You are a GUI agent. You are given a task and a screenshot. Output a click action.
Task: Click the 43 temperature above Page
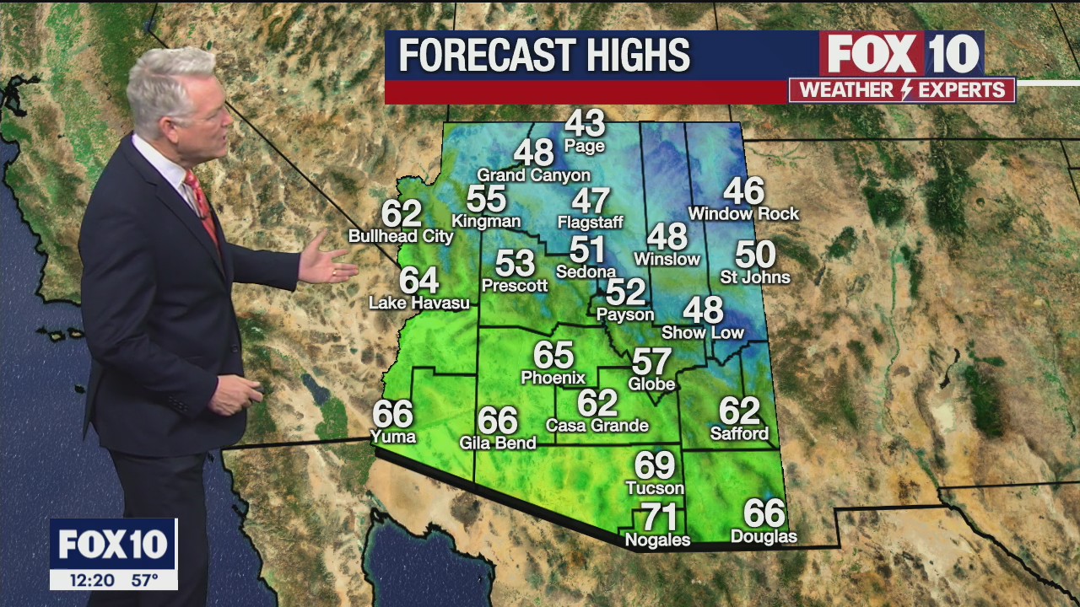pos(585,123)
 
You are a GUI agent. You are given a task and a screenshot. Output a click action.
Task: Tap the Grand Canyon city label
pos(533,175)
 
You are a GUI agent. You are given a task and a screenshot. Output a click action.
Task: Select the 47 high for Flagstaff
pos(591,201)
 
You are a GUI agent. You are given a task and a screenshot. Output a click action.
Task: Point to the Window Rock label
pos(743,214)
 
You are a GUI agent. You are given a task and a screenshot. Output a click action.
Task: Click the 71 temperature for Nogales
pos(659,517)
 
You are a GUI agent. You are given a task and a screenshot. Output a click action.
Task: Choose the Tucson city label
pos(655,488)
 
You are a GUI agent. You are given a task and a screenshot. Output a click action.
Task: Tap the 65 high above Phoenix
pos(553,355)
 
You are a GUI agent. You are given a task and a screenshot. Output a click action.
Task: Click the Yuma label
pos(393,437)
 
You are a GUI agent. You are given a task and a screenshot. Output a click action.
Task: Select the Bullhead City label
pos(401,237)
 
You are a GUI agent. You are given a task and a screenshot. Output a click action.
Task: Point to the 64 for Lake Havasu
pos(419,280)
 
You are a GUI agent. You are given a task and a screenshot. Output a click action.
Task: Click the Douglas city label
pos(764,537)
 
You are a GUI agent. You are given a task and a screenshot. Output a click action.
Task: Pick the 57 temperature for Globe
pos(652,362)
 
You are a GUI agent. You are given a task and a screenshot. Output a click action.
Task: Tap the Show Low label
pos(703,333)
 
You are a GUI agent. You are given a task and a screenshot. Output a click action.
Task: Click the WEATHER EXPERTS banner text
pos(902,90)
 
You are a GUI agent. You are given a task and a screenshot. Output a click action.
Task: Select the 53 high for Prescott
pos(515,263)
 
